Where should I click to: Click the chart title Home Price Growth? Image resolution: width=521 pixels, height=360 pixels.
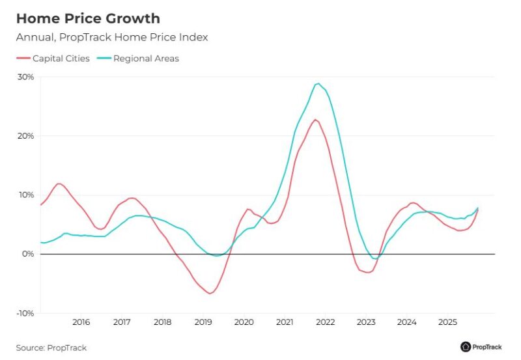pos(87,18)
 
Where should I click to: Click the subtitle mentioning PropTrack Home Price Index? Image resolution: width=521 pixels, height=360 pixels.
pos(112,38)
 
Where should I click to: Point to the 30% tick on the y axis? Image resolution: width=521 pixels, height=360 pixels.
pos(26,77)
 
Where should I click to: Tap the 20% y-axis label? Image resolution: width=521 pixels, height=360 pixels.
pos(26,136)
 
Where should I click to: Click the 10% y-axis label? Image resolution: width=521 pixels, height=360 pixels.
pos(26,195)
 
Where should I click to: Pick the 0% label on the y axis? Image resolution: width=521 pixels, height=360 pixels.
pos(28,254)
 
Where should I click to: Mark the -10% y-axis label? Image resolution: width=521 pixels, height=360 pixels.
pos(25,313)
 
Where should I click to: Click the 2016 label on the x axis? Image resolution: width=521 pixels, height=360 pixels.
pos(81,322)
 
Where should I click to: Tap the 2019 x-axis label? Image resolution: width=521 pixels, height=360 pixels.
pos(203,322)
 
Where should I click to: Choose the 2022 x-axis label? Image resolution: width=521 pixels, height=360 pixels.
pos(325,322)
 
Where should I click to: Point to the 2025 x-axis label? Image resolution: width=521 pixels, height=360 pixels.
pos(447,322)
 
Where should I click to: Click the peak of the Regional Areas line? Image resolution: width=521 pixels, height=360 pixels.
pos(318,83)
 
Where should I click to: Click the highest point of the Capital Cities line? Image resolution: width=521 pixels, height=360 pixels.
pos(315,119)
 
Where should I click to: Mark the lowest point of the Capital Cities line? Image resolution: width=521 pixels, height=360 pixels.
pos(210,294)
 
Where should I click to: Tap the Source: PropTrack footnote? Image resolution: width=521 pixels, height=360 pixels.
pos(51,348)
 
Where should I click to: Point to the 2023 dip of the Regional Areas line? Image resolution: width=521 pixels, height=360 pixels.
pos(375,258)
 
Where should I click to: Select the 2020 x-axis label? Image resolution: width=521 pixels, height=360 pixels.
pos(244,322)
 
